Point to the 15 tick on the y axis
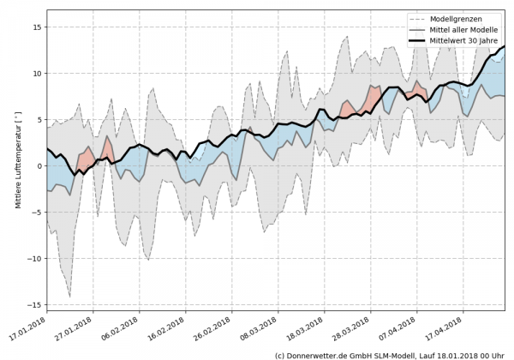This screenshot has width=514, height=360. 36,27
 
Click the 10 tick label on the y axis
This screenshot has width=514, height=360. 36,73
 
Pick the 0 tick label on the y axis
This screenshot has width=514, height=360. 39,165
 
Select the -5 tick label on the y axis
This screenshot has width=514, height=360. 36,212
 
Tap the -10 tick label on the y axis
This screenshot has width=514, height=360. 33,258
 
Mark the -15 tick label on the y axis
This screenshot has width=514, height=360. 33,304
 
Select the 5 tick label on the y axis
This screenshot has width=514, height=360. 39,119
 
